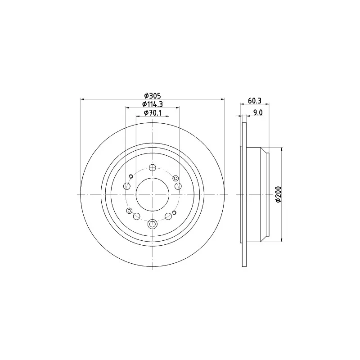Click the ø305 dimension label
pos(153,95)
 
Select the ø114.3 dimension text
pos(153,104)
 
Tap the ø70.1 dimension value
pos(153,113)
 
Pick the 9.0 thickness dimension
pos(257,113)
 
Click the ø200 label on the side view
pos(279,194)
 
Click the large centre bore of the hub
pos(153,194)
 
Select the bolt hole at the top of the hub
pos(153,168)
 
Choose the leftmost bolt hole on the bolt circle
pos(127,186)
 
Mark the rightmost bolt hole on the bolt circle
pos(178,186)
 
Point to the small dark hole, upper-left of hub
pos(130,176)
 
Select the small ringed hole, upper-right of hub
pos(175,178)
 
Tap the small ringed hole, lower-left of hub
pos(130,211)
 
